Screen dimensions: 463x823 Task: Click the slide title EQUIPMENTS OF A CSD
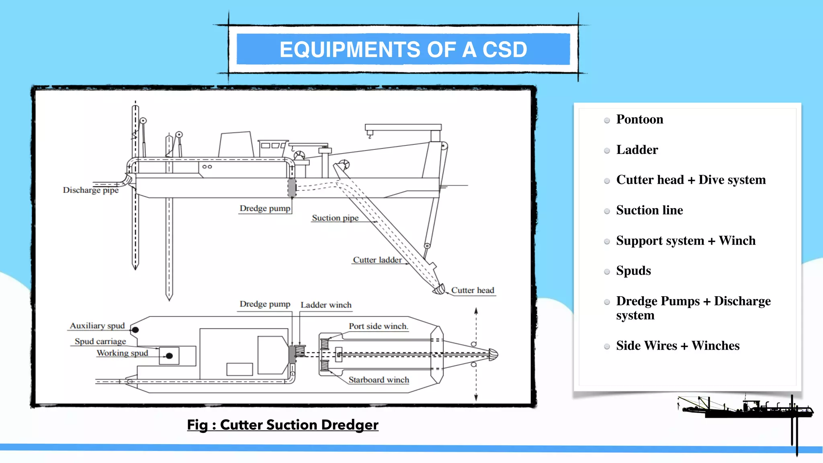(x=403, y=50)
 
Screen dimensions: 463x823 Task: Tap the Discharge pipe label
(x=90, y=190)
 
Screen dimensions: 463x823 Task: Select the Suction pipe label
(x=335, y=218)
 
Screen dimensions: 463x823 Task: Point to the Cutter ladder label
(x=377, y=260)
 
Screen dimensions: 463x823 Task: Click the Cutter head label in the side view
(x=472, y=290)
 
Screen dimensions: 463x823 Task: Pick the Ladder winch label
(x=326, y=305)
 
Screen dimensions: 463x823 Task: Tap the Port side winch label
(x=378, y=326)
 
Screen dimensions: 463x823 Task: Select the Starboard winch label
(x=379, y=380)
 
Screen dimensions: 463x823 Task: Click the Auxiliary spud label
(x=97, y=326)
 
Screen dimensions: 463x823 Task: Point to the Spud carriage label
(x=100, y=341)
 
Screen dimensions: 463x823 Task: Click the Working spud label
(x=122, y=353)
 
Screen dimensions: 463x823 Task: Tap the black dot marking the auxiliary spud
(x=135, y=330)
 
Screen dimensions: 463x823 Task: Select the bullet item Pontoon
(x=639, y=119)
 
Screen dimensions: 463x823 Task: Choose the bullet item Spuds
(x=633, y=271)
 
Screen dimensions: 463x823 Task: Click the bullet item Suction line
(x=649, y=210)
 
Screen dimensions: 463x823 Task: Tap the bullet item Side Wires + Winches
(x=678, y=346)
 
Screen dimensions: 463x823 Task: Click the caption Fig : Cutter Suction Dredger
(x=283, y=425)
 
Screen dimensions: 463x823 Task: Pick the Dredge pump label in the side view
(x=265, y=208)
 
